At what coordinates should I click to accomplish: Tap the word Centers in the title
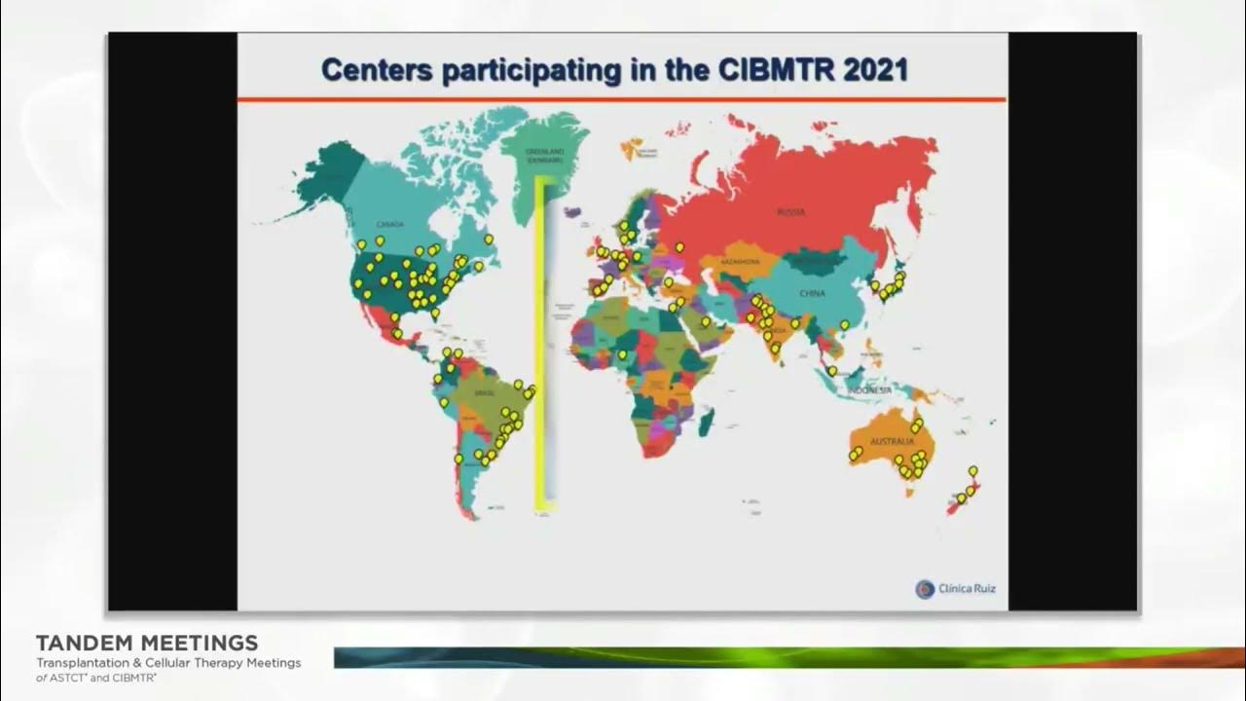coord(376,71)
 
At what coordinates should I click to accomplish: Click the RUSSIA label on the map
coord(790,211)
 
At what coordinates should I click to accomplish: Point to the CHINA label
coord(812,293)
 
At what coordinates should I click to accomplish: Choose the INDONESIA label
coord(869,390)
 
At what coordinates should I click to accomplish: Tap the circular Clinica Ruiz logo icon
coord(924,589)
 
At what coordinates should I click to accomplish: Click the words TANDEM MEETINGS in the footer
coord(147,644)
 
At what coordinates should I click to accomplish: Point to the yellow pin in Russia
coord(679,247)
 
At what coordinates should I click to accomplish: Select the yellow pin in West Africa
coord(622,354)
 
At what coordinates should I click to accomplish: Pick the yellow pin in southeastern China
coord(844,324)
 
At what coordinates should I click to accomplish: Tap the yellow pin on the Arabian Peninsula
coord(705,320)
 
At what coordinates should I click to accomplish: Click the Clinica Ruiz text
coord(967,589)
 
